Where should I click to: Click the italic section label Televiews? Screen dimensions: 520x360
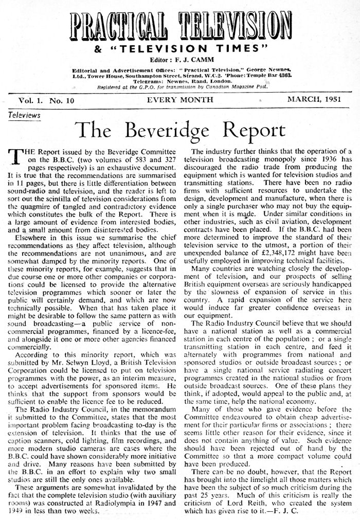pos(25,116)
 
